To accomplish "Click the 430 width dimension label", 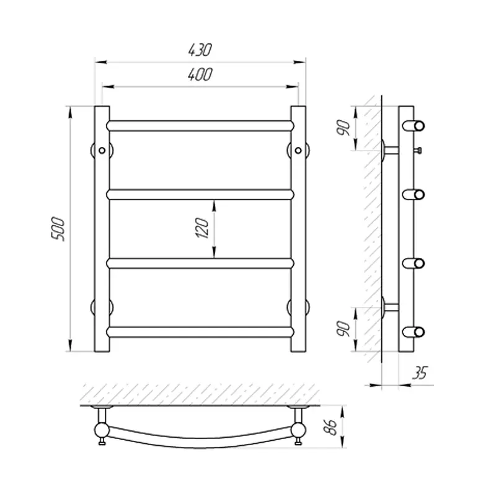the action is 200,50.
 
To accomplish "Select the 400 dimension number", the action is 200,74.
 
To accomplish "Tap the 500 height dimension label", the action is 58,229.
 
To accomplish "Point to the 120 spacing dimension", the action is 203,228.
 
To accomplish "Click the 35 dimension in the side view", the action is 420,373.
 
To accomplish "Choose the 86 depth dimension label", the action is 331,427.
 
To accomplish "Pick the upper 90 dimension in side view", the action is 343,128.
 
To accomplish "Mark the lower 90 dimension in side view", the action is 343,329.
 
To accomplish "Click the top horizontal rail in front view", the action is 200,126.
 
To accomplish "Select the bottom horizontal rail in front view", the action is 200,332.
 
